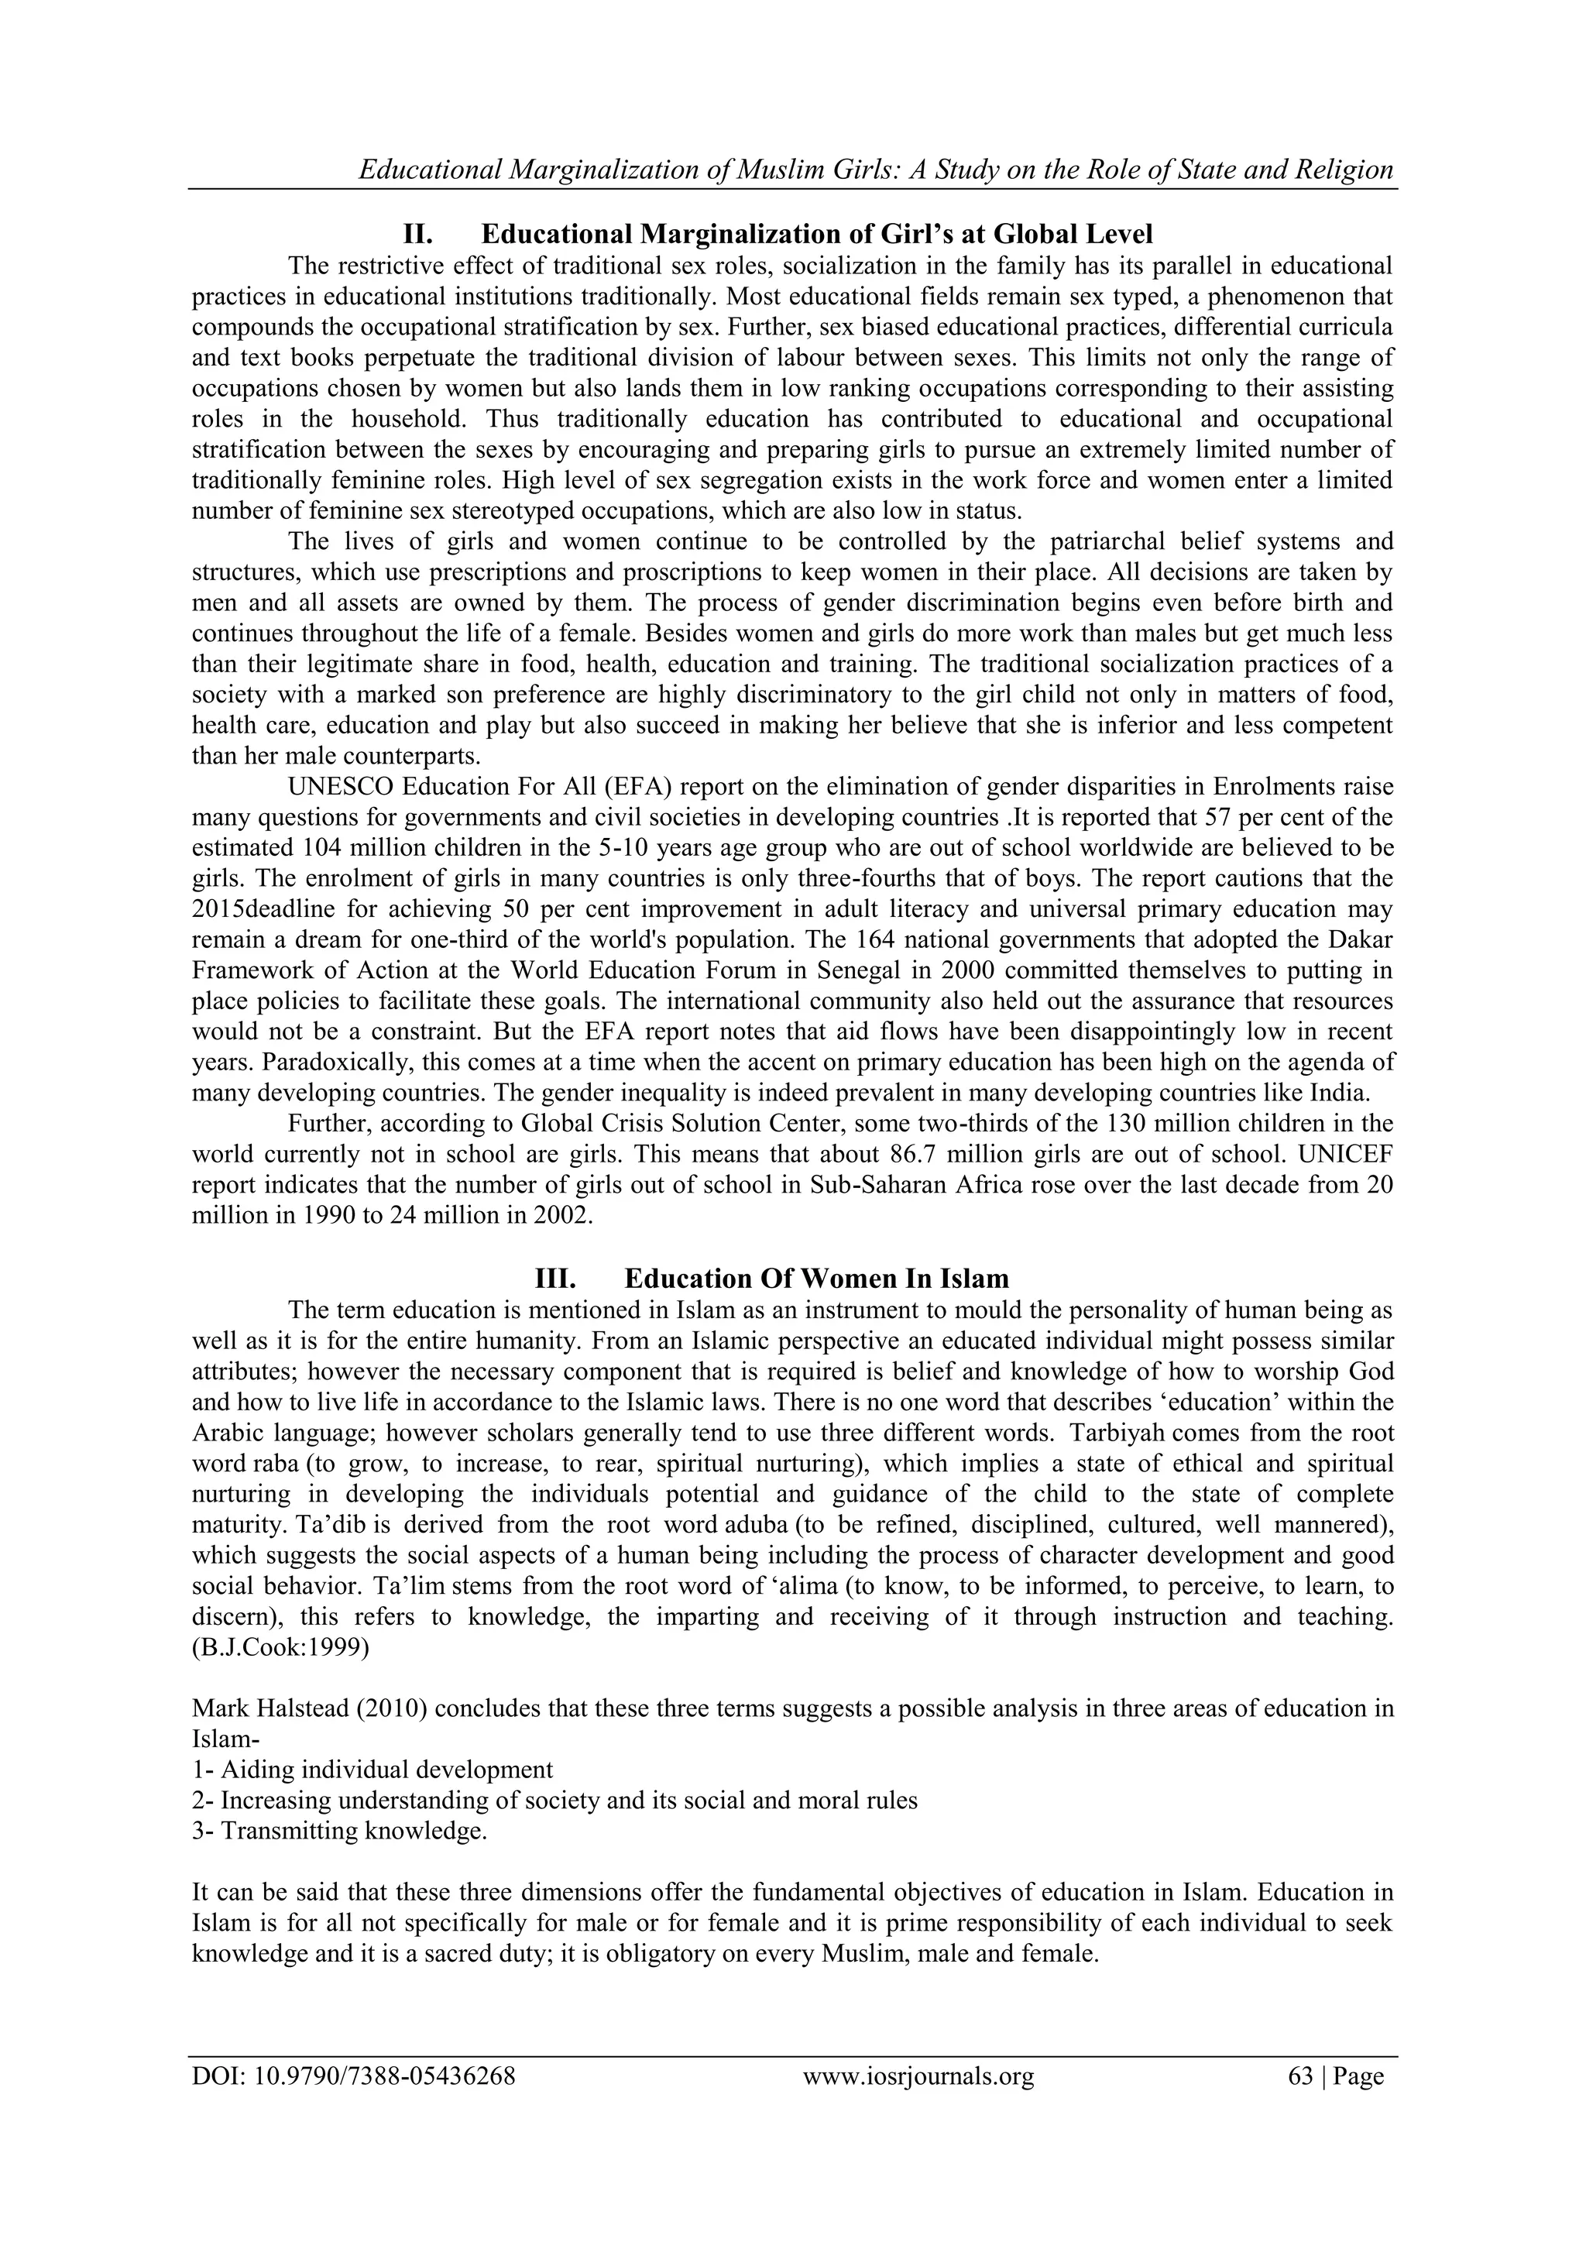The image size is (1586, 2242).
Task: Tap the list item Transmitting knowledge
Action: coord(340,1831)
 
